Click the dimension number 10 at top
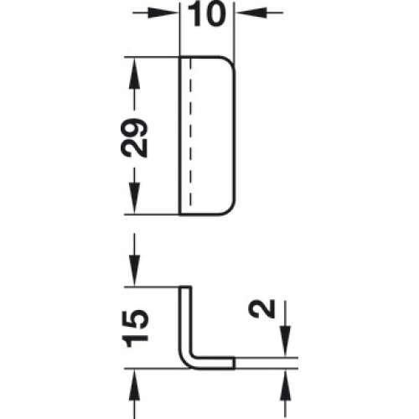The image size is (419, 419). pos(206,14)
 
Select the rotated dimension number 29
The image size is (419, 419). pos(134,137)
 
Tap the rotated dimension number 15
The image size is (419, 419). pos(136,328)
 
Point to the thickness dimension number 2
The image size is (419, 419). pos(262,308)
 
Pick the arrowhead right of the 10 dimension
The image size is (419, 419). pos(251,13)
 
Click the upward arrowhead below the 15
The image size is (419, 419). pos(134,385)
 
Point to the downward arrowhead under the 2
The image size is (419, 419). pos(285,341)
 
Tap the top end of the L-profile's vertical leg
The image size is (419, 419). pos(185,287)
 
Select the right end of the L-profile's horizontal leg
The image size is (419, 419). pos(234,363)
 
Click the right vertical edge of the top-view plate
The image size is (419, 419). pos(235,136)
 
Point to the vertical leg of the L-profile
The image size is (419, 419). pos(185,321)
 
